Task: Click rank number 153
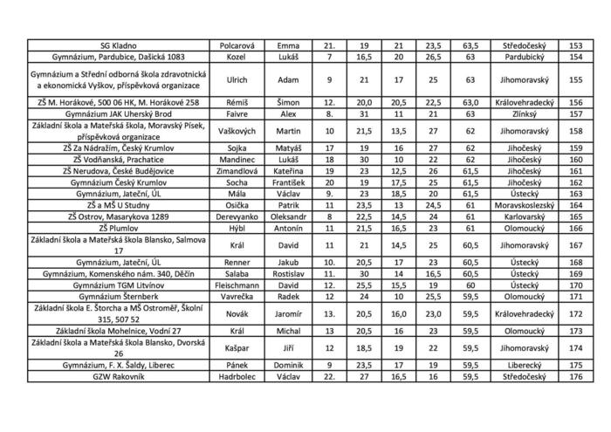(x=575, y=45)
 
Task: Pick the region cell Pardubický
(x=518, y=56)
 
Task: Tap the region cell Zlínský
(x=518, y=113)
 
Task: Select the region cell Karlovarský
(x=518, y=216)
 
